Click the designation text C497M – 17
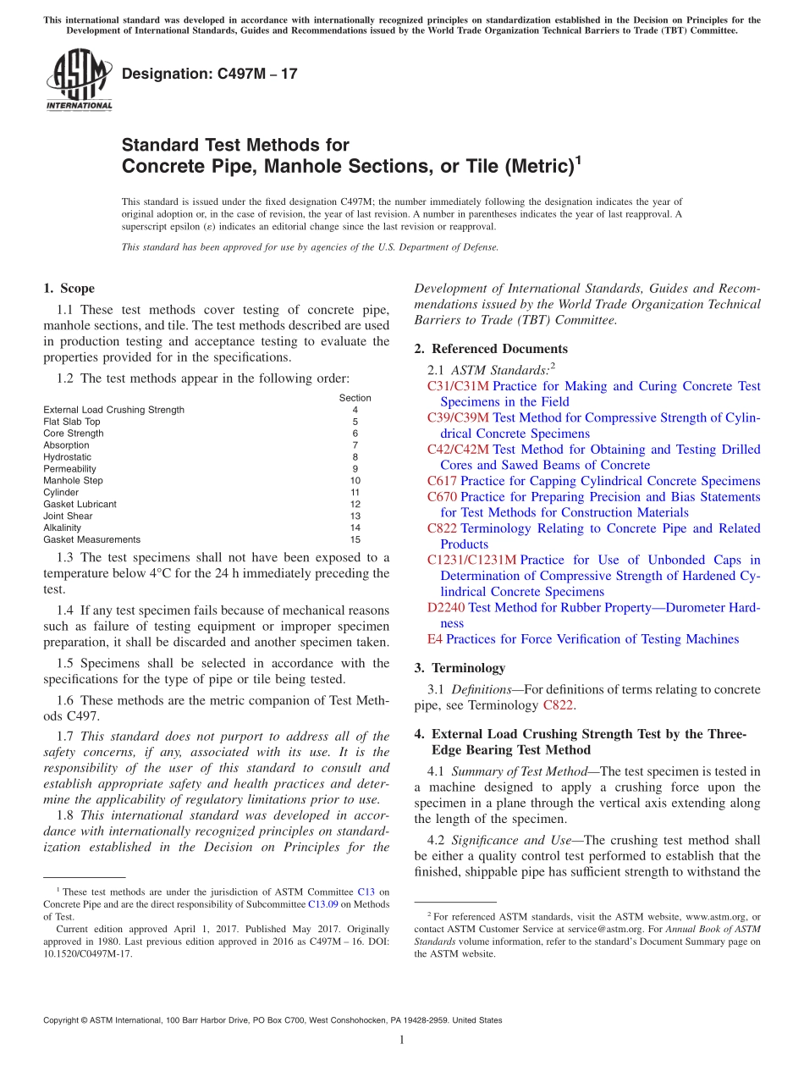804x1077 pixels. [x=210, y=74]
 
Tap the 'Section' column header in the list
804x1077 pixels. [x=355, y=398]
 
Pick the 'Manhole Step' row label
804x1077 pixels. [x=73, y=480]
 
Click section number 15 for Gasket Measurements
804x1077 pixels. [x=355, y=539]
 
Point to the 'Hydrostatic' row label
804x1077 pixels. [x=67, y=456]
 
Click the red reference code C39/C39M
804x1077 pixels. [x=458, y=417]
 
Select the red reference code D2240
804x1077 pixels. [x=446, y=607]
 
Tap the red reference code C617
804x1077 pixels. [x=442, y=481]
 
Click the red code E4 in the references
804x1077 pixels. [x=434, y=639]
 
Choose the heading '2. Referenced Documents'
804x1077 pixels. [x=491, y=349]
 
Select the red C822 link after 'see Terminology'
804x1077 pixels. [x=559, y=705]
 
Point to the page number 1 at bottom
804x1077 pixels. [x=402, y=1041]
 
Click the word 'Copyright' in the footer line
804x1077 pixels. [x=63, y=1020]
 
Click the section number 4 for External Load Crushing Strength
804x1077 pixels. [x=355, y=410]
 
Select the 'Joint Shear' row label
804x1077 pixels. [x=68, y=516]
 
